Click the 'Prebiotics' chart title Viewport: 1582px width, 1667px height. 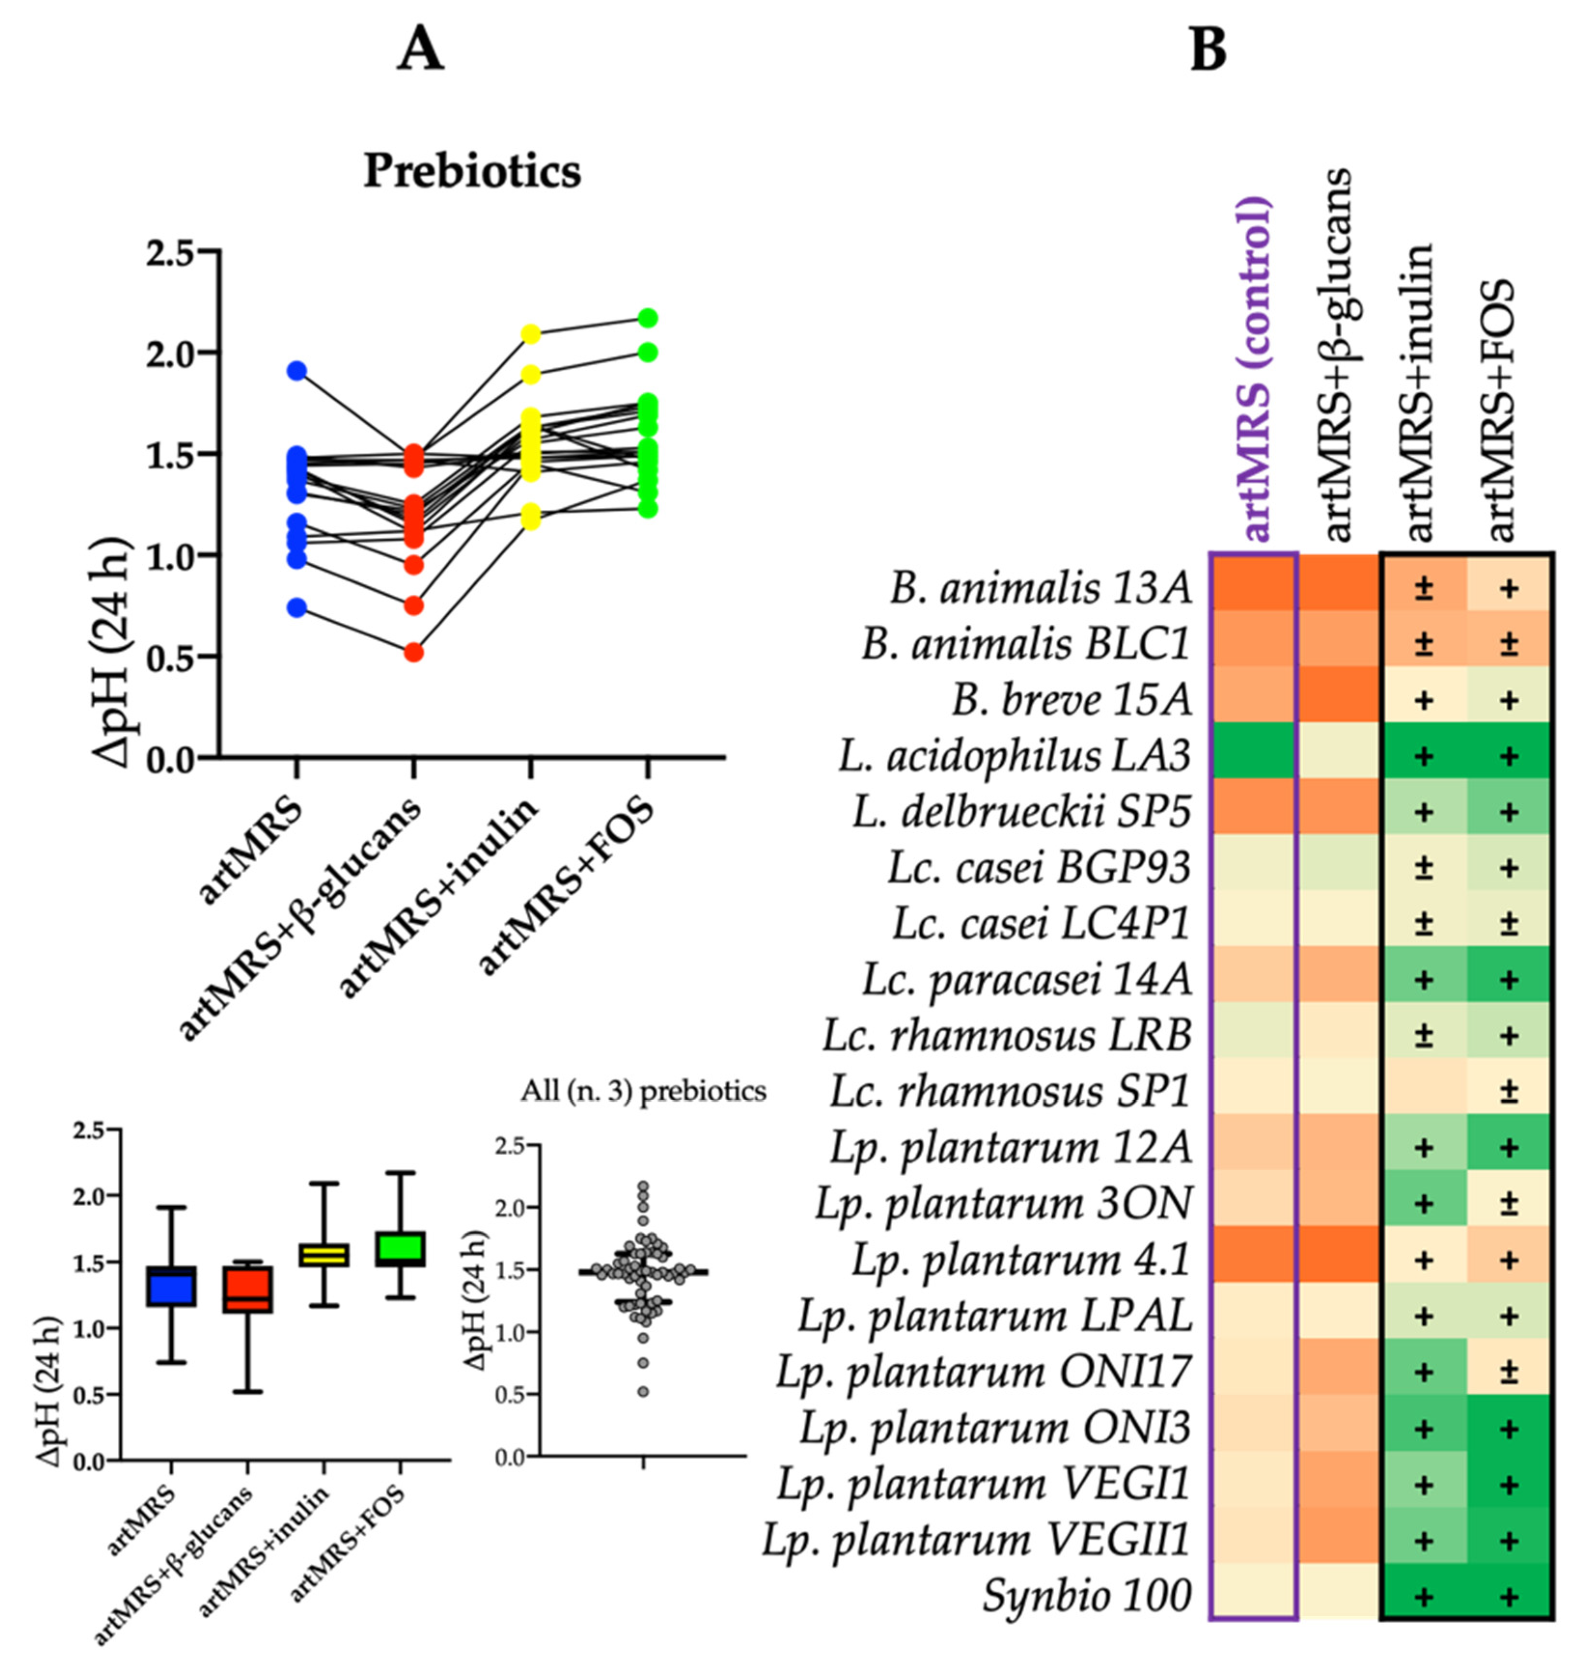pyautogui.click(x=472, y=171)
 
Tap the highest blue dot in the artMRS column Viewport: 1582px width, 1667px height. pyautogui.click(x=296, y=370)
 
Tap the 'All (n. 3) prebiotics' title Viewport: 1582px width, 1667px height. pyautogui.click(x=643, y=1091)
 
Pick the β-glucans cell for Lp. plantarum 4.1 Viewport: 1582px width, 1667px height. pyautogui.click(x=1339, y=1260)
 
